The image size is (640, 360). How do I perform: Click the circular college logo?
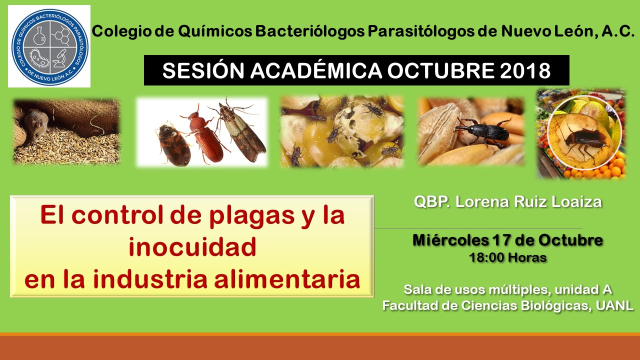coord(50,45)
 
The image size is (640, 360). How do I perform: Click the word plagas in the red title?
coord(252,216)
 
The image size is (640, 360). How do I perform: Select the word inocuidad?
coord(192,247)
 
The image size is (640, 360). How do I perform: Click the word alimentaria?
coord(287,279)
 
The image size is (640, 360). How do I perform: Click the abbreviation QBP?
coord(432,201)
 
